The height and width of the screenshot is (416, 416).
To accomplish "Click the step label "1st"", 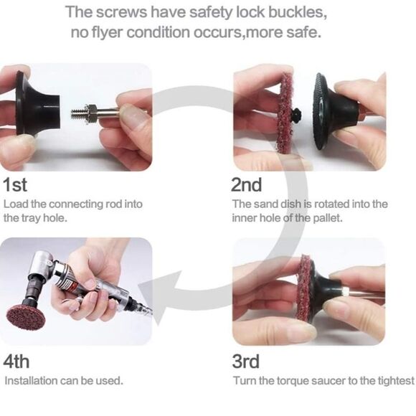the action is pos(15,184).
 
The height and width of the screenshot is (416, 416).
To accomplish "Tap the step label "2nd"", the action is pos(247,184).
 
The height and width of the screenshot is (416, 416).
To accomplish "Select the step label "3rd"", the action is pos(246,361).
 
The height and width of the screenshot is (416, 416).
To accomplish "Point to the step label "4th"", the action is pos(16,361).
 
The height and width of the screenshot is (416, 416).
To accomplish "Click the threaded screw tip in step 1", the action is pos(77,113).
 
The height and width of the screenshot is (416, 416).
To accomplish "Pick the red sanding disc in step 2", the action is pos(285,113).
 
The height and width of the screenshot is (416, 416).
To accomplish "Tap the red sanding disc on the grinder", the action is pos(26,317).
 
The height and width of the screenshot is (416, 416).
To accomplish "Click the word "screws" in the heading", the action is pos(121,12).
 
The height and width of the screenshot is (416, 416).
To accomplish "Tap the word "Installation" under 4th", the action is pos(31,381).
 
